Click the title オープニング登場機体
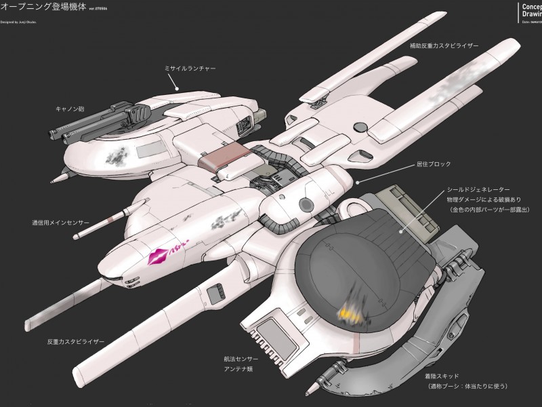[43, 8]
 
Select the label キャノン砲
[70, 108]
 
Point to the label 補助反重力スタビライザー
[444, 45]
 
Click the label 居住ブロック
[433, 164]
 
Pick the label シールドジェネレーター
[478, 189]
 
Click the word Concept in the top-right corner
[531, 7]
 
